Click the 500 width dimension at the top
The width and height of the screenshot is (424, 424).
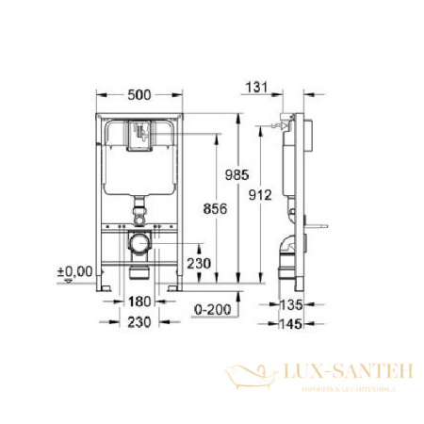pos(139,94)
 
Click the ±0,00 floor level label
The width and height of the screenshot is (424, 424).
pos(76,271)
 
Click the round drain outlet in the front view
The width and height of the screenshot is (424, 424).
pos(139,245)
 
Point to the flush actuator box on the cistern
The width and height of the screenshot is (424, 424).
pos(139,138)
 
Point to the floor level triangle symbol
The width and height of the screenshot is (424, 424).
pos(64,280)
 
